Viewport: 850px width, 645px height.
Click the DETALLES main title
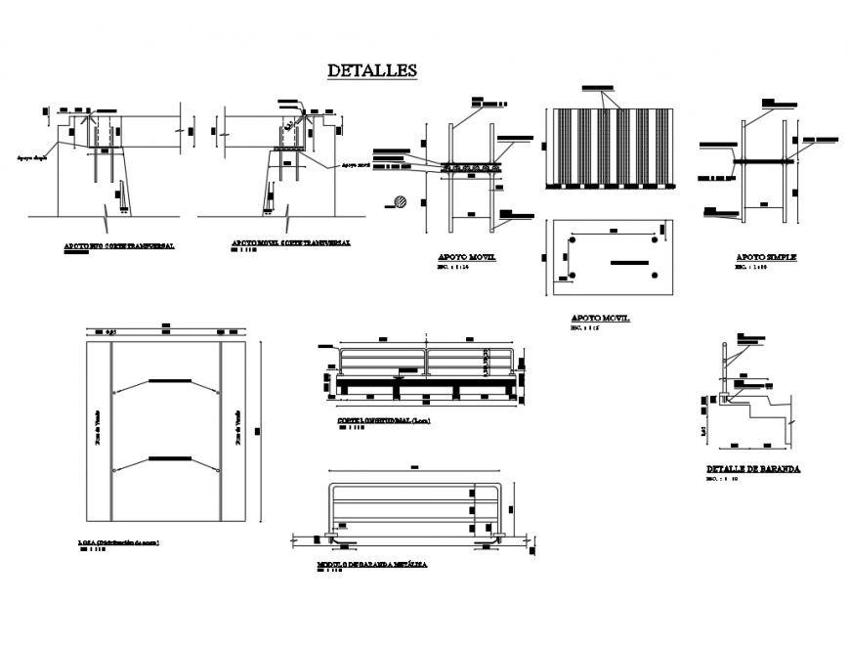click(x=372, y=70)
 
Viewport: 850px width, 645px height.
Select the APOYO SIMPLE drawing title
click(x=767, y=257)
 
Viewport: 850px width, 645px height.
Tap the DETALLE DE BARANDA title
click(x=753, y=469)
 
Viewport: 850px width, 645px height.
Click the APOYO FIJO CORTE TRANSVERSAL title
click(x=120, y=245)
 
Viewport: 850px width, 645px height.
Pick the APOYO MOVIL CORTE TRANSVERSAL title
click(x=290, y=241)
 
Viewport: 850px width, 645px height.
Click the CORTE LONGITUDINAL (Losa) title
click(x=383, y=420)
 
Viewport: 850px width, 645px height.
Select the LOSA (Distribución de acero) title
click(x=118, y=541)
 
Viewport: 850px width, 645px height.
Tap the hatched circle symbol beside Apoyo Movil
click(x=399, y=202)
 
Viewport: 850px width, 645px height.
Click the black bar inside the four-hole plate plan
click(x=628, y=262)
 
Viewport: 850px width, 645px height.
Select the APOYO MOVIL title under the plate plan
click(x=600, y=319)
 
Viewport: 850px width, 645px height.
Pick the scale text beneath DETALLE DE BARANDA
click(x=721, y=480)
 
